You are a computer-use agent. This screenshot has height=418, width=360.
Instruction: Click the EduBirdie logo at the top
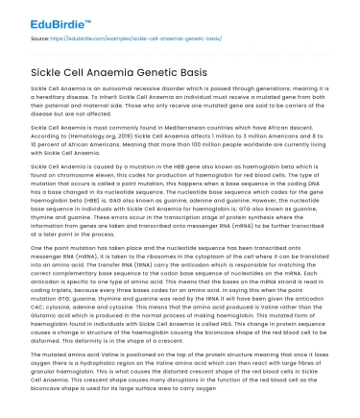tap(42, 14)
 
